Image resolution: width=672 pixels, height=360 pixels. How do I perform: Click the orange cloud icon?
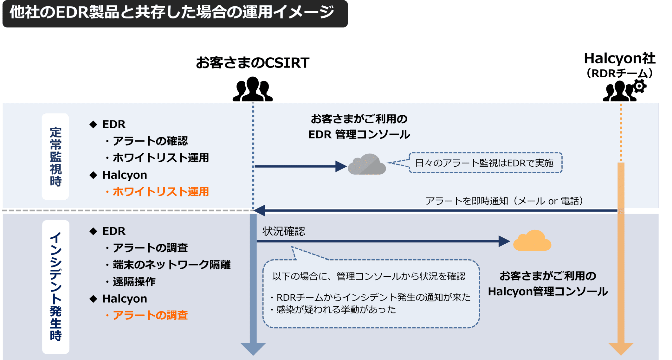(x=532, y=241)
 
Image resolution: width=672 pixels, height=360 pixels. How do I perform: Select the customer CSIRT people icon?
(x=253, y=89)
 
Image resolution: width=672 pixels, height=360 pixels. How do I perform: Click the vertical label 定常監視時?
(x=55, y=157)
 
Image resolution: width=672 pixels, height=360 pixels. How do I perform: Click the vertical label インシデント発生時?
(x=55, y=286)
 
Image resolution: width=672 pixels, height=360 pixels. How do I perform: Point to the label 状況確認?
(x=284, y=231)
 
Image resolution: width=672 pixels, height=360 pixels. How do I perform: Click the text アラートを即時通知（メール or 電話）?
(x=504, y=201)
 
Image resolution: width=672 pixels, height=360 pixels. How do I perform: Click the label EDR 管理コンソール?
(x=359, y=134)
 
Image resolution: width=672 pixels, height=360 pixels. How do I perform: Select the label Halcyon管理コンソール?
(x=547, y=292)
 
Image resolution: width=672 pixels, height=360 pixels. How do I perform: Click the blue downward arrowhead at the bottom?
(x=253, y=348)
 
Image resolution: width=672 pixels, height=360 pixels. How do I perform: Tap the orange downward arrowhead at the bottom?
(x=621, y=348)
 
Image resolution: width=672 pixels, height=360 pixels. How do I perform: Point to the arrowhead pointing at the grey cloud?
(x=341, y=166)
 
